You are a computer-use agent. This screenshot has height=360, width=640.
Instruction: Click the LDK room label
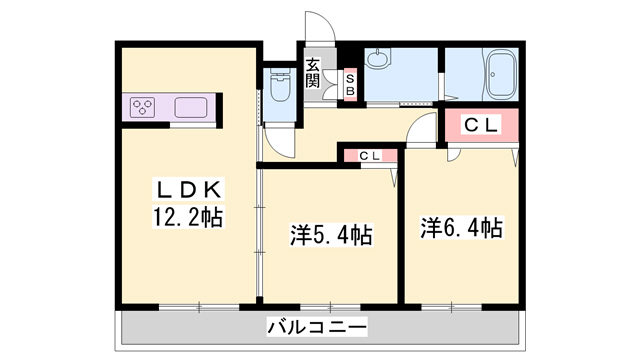tap(191, 189)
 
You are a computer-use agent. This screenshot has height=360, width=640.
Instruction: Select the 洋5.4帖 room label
tap(331, 236)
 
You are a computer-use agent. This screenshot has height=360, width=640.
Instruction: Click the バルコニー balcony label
tap(317, 327)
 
